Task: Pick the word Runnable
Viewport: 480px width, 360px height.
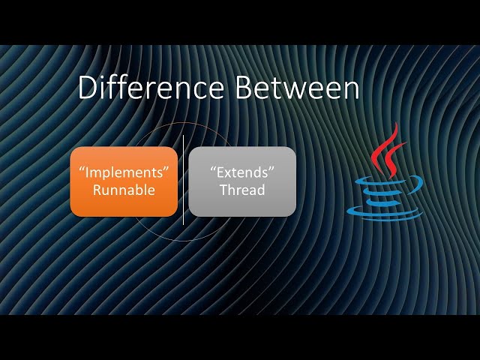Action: pyautogui.click(x=124, y=190)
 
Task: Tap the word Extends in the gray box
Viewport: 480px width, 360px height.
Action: pyautogui.click(x=241, y=172)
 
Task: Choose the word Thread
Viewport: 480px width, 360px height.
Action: pyautogui.click(x=241, y=190)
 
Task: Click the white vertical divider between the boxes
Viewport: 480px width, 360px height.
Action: pyautogui.click(x=183, y=180)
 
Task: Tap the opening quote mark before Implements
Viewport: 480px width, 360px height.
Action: pyautogui.click(x=81, y=169)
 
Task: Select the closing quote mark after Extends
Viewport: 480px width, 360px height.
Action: pyautogui.click(x=271, y=169)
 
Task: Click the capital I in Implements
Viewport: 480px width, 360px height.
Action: pyautogui.click(x=87, y=172)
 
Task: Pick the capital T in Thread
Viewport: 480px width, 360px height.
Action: pyautogui.click(x=223, y=190)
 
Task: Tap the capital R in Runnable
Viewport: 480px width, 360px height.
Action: pyautogui.click(x=97, y=190)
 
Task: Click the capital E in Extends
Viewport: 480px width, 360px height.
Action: pyautogui.click(x=217, y=172)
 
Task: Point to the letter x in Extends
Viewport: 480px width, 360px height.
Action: pyautogui.click(x=225, y=173)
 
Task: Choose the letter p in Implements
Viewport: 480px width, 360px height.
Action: pyautogui.click(x=107, y=174)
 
